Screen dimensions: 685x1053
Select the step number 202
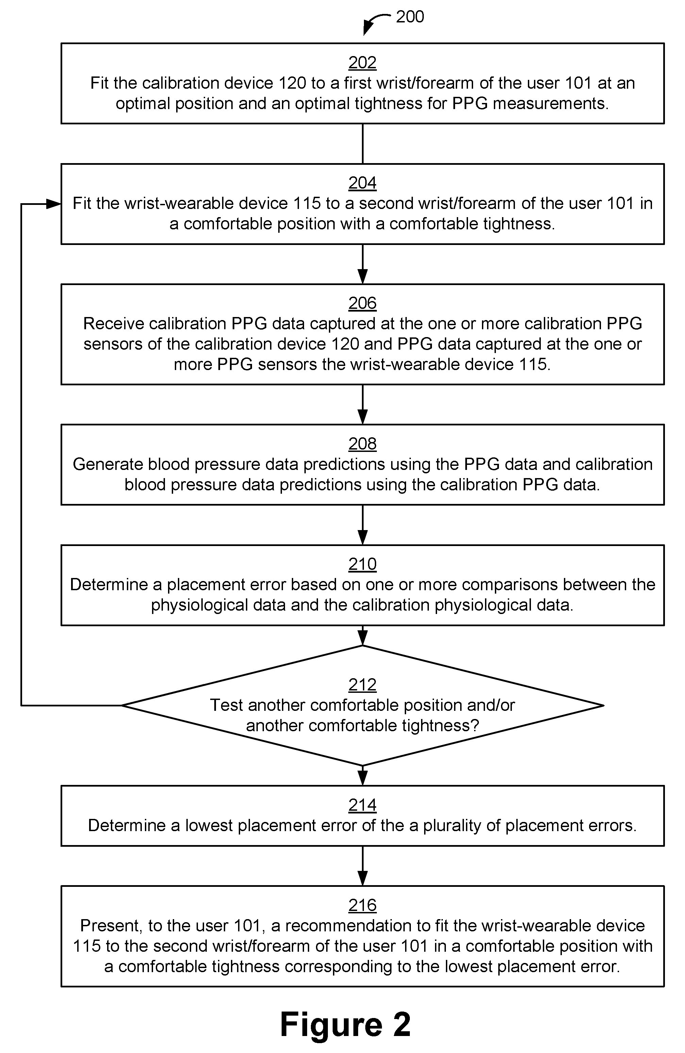[x=362, y=63]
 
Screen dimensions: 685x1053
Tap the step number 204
[x=362, y=183]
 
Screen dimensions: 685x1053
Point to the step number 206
[x=362, y=303]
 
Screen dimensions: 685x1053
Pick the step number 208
[x=362, y=444]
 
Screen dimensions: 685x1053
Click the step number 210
[x=362, y=564]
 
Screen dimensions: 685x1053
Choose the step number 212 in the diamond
[x=362, y=684]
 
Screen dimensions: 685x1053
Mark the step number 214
[x=362, y=805]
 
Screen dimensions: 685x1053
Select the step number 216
[x=362, y=905]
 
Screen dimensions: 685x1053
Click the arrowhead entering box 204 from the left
[x=54, y=204]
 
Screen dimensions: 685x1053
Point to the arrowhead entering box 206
[x=363, y=277]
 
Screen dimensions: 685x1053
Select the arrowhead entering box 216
[x=363, y=878]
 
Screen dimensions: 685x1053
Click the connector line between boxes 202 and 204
[x=363, y=144]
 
